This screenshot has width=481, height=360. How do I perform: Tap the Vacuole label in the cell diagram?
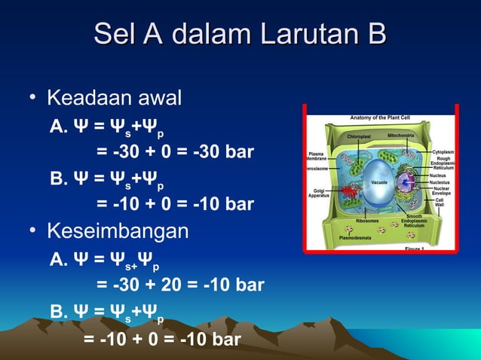click(380, 182)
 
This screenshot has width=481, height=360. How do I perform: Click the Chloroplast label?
click(359, 136)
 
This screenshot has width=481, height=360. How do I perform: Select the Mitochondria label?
click(400, 136)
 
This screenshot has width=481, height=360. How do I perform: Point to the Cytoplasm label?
click(442, 151)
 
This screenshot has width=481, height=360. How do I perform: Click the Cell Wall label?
click(439, 202)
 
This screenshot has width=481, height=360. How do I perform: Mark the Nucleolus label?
click(440, 182)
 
